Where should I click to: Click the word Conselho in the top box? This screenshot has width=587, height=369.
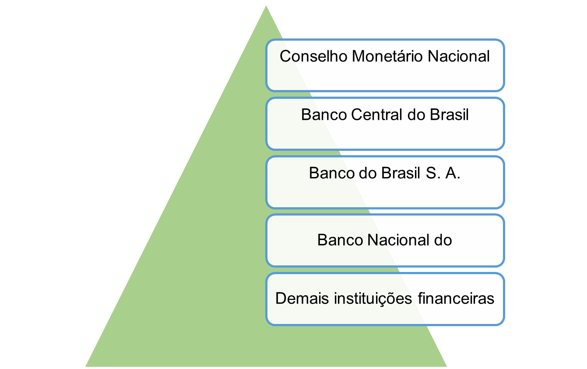[313, 56]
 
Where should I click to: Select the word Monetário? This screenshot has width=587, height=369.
[387, 56]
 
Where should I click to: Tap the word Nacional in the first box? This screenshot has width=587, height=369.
[459, 56]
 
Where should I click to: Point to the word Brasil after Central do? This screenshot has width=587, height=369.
[449, 115]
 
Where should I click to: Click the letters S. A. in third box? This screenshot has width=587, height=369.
[443, 173]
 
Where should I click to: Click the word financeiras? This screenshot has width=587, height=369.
[456, 299]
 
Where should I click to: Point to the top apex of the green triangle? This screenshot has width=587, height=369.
[266, 6]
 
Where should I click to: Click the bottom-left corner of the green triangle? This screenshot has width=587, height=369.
[86, 366]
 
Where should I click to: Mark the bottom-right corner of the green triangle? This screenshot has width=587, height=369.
[446, 366]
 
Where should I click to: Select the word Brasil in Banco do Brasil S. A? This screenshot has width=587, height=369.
[401, 173]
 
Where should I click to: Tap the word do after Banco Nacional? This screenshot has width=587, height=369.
[443, 240]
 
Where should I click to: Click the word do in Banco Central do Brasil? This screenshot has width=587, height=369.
[416, 115]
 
